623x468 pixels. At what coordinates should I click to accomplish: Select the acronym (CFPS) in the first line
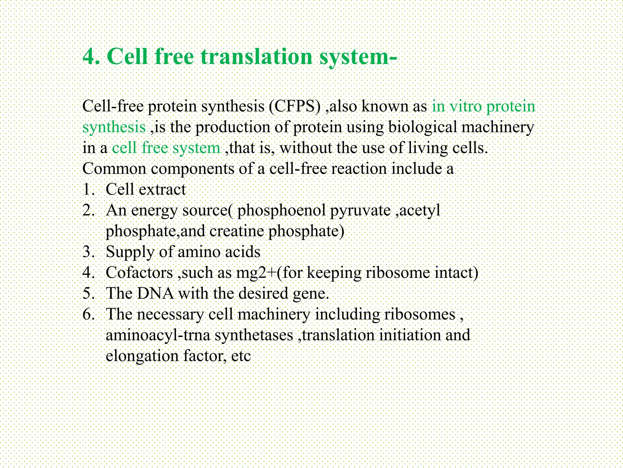pos(295,106)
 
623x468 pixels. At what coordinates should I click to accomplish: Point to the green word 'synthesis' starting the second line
pos(114,127)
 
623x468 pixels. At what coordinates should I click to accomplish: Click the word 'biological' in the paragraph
pos(422,127)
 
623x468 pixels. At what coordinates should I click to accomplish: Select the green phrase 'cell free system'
pos(166,148)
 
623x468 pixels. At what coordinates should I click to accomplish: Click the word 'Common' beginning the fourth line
pos(114,169)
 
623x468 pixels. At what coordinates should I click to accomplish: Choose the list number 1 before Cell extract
pos(88,190)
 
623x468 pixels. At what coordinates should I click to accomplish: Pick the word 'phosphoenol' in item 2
pos(281,211)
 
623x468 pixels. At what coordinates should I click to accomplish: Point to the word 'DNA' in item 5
pos(155,293)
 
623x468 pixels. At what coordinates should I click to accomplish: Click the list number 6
pos(88,314)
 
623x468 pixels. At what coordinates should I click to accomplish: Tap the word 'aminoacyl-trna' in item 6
pos(158,335)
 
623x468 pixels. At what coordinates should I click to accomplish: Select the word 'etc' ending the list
pos(241,356)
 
